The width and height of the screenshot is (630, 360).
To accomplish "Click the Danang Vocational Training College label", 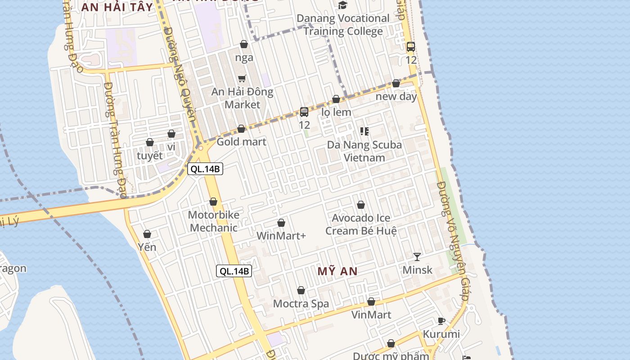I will (342, 25).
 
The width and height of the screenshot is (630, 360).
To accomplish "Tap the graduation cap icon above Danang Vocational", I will (343, 5).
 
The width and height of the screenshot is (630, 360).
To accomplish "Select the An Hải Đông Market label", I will (242, 98).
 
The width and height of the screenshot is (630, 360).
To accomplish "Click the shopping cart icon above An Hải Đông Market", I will (242, 79).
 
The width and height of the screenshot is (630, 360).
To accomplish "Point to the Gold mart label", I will (241, 142).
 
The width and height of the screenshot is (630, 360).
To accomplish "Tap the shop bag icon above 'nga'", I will (244, 44).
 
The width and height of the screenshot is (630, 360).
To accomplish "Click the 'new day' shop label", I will (396, 96).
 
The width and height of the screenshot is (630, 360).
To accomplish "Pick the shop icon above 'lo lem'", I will (336, 99).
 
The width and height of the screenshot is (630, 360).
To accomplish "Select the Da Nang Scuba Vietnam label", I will (364, 151).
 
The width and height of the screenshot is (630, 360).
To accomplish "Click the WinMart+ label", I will (281, 235).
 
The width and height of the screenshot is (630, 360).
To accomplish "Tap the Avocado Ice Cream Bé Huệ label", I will (361, 225).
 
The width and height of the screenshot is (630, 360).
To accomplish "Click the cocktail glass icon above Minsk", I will (417, 256).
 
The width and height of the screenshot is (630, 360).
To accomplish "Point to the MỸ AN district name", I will (337, 271).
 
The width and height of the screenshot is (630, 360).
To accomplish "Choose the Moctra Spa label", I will (301, 304).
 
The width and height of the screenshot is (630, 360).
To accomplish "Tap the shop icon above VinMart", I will (371, 301).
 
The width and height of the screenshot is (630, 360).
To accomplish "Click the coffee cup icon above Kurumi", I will (441, 321).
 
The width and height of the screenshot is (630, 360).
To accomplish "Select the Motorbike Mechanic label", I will (213, 221).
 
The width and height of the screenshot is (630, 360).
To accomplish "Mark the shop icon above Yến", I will (147, 234).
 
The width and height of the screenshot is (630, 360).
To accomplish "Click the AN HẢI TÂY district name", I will (117, 7).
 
